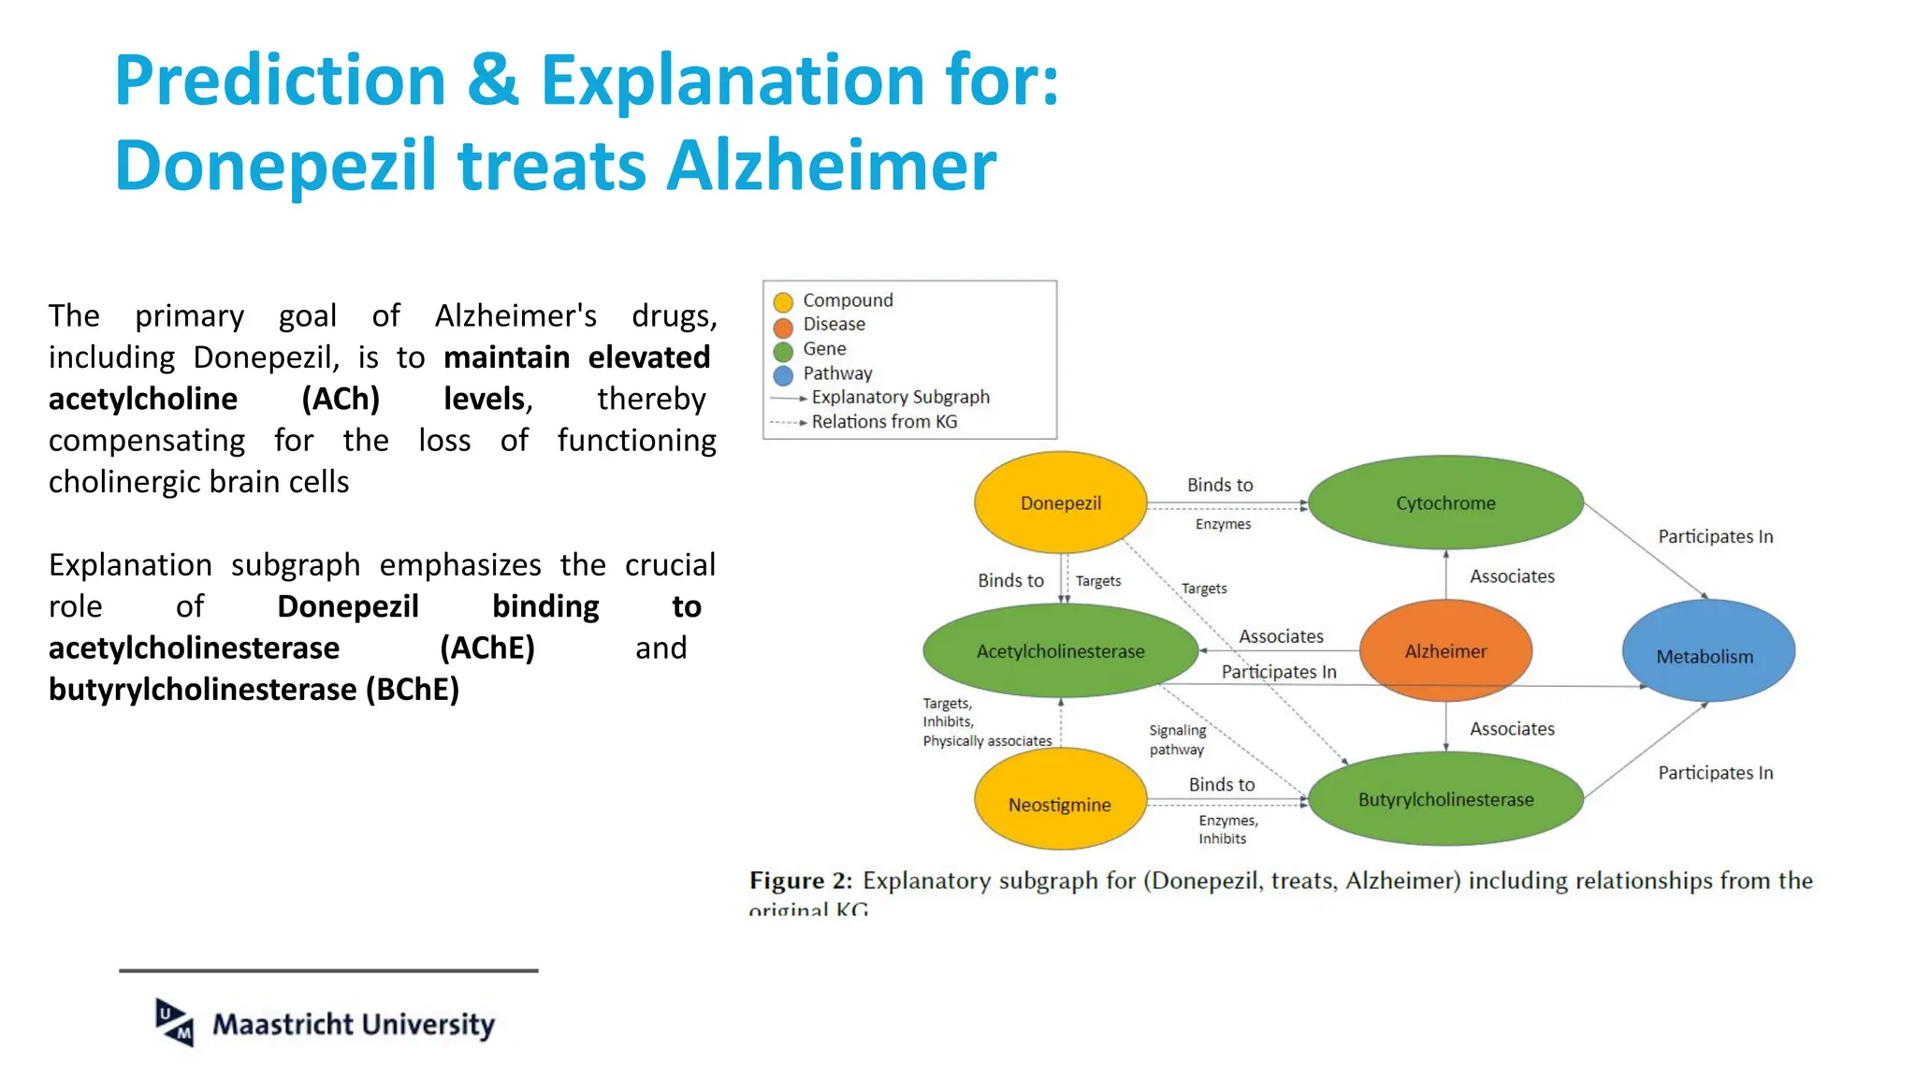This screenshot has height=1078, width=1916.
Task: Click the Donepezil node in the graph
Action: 1060,503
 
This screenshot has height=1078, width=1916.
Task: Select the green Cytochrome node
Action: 1445,503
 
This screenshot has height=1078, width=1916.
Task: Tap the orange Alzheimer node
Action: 1445,650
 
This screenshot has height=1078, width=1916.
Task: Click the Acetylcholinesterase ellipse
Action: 1060,650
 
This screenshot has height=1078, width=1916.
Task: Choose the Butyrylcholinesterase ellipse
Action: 1445,799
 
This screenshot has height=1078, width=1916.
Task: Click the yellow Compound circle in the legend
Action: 783,301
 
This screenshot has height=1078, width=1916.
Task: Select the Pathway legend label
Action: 837,373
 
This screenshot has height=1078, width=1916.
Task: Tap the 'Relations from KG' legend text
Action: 884,422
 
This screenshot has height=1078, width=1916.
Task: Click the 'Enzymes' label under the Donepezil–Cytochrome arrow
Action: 1223,524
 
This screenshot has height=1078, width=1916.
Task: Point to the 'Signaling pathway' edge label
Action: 1177,739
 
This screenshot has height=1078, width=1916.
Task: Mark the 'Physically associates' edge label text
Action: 987,741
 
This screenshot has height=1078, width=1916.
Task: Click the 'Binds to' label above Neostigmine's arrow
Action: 1222,784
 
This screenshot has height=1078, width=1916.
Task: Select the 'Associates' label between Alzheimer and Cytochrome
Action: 1512,576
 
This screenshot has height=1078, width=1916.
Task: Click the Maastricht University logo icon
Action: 175,1022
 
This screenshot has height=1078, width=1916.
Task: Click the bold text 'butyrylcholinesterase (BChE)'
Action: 254,690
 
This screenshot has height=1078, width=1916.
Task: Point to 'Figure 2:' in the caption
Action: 801,881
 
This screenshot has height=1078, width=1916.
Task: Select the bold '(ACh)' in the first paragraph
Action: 341,400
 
